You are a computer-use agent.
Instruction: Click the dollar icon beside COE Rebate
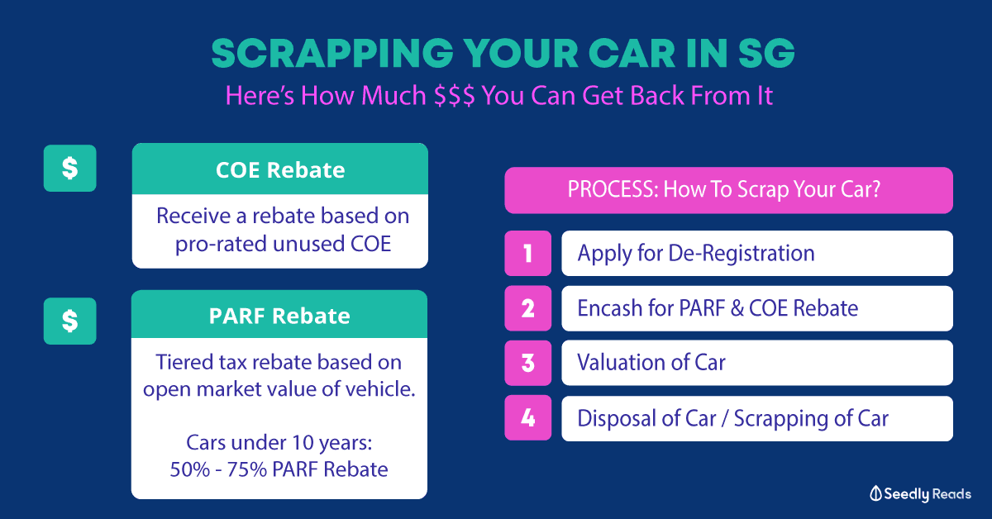(70, 169)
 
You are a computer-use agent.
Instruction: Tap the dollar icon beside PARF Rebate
(70, 321)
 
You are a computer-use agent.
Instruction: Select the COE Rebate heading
(280, 170)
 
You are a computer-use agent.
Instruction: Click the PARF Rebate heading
(279, 316)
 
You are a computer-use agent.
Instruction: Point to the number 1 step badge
(528, 253)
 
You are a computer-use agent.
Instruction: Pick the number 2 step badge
(528, 308)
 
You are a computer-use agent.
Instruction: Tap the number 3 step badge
(528, 363)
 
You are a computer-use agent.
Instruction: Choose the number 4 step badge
(528, 417)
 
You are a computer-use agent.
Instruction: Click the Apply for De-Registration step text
(696, 254)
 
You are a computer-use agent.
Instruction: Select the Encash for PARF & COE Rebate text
(718, 308)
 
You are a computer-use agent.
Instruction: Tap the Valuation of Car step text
(651, 363)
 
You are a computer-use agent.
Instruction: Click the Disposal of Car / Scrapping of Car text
(732, 418)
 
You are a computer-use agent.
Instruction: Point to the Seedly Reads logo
(920, 493)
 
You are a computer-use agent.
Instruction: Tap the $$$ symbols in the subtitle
(455, 96)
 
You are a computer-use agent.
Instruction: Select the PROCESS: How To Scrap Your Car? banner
(728, 190)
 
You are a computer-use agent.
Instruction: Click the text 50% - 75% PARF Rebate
(279, 469)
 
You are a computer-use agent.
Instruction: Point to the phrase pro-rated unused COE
(283, 245)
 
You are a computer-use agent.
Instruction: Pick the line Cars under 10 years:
(279, 442)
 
